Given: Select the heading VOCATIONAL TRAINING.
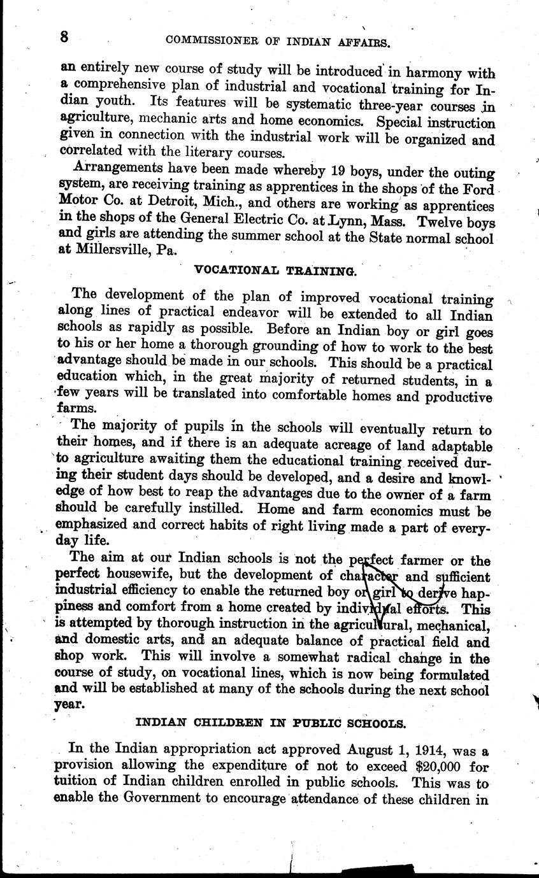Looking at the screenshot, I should [x=275, y=271].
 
